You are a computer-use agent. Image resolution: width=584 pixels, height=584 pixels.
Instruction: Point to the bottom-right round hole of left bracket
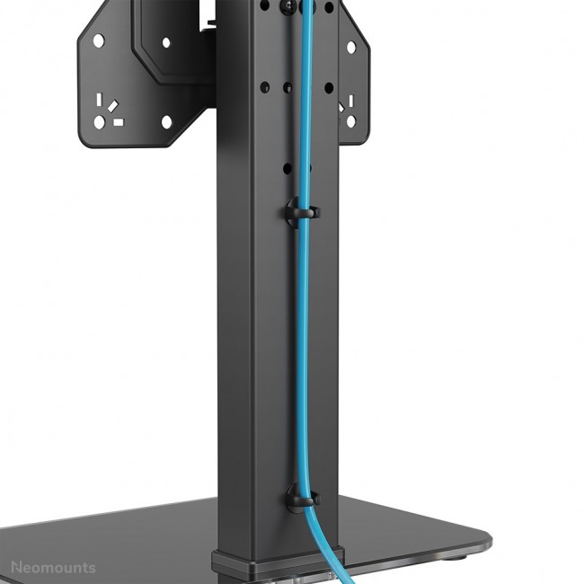166,121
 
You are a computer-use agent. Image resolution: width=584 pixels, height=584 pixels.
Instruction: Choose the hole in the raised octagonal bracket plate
166,41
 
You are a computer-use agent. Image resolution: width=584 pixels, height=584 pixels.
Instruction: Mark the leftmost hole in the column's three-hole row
266,88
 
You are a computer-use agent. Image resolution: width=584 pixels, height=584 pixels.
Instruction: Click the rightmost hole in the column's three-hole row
329,88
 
